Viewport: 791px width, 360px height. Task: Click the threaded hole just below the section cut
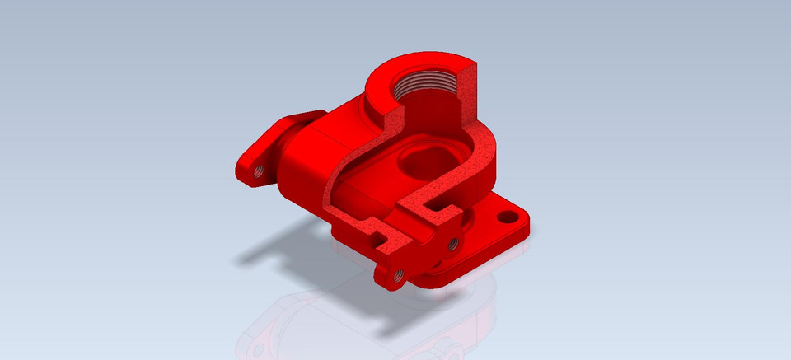coord(451,243)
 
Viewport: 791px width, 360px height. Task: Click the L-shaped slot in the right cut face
coord(437,203)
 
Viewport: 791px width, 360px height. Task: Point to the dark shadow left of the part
coord(272,247)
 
